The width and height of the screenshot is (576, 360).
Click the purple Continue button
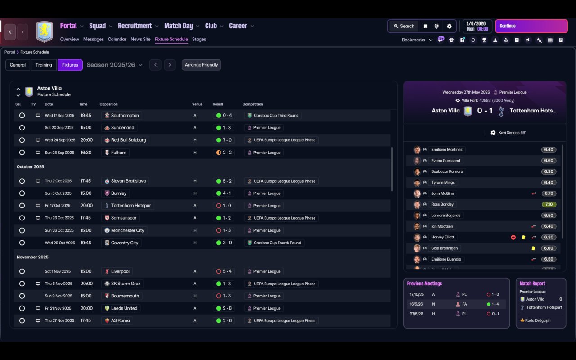531,26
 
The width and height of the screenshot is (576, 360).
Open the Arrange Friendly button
201,65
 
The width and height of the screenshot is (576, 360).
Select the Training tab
44,65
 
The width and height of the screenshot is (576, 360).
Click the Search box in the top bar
404,26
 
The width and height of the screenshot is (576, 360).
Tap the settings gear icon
449,26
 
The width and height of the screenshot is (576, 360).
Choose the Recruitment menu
135,26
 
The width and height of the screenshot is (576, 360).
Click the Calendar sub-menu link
117,39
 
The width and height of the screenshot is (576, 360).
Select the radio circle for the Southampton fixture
22,116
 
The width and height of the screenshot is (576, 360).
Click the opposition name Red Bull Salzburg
128,140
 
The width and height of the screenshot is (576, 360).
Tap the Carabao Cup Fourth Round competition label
277,243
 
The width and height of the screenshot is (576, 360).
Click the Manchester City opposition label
127,230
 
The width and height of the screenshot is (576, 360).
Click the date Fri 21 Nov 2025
58,308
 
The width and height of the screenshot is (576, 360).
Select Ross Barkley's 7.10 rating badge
549,204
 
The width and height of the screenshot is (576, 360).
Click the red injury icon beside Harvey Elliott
513,237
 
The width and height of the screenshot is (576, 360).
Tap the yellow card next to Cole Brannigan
533,248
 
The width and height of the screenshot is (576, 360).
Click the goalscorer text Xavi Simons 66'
512,133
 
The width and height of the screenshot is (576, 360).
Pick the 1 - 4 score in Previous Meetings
495,304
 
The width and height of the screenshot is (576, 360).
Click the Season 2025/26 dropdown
114,65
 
